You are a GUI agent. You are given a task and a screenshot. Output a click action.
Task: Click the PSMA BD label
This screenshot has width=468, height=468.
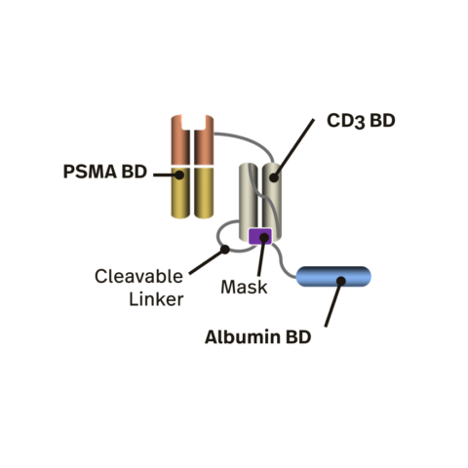click(104, 175)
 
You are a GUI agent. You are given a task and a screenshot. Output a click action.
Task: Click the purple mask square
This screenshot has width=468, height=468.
click(260, 236)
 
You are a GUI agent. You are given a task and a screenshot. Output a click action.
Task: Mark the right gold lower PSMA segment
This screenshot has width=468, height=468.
click(206, 194)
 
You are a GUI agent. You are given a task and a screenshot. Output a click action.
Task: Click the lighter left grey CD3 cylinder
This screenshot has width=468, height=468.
click(251, 195)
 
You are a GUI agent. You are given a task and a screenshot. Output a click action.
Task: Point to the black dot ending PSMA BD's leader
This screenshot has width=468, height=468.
click(180, 175)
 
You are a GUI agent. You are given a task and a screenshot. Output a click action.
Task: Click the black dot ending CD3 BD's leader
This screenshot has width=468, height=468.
click(275, 177)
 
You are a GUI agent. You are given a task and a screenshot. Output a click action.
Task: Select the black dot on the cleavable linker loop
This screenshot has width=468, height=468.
click(225, 249)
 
